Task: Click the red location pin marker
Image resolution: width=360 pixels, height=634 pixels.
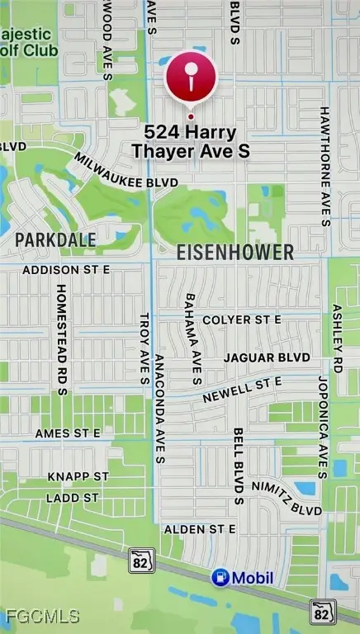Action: tap(191, 79)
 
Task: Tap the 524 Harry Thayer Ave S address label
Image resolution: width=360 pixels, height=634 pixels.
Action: tap(191, 141)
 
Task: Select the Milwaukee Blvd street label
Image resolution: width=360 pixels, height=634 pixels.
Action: tap(114, 170)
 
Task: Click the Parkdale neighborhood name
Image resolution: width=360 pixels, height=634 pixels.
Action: tap(55, 239)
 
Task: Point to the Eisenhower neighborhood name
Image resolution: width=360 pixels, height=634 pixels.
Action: tap(234, 253)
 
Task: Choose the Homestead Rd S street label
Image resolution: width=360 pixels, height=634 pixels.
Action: tap(60, 340)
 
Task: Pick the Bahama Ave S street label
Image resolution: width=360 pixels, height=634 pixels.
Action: tap(193, 338)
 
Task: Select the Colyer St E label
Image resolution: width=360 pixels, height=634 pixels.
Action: tap(242, 319)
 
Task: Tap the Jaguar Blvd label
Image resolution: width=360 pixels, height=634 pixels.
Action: tap(267, 357)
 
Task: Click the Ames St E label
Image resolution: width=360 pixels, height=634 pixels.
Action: tap(68, 433)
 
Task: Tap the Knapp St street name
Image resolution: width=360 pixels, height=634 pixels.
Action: tap(78, 476)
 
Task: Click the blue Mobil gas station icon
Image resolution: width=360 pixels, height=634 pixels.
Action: tap(220, 577)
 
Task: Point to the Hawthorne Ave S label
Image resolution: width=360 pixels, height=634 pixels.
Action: tap(324, 165)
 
